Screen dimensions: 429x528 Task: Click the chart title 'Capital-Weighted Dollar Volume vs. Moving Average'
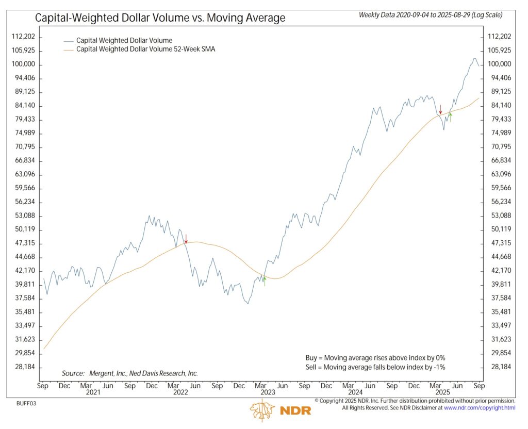click(x=160, y=19)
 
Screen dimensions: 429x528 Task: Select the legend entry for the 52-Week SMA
click(x=139, y=49)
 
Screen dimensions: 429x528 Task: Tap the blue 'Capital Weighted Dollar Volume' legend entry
click(x=124, y=40)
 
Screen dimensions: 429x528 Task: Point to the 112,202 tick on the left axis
click(x=23, y=37)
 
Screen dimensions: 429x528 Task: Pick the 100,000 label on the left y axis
click(x=23, y=64)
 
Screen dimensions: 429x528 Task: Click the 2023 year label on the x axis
click(x=268, y=392)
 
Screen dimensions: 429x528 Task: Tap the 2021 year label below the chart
click(x=93, y=392)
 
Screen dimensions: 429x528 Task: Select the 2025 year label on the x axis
click(x=442, y=392)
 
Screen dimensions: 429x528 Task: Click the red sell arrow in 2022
click(x=186, y=239)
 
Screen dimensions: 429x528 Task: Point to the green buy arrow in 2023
click(x=265, y=281)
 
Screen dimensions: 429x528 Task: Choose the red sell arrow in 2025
click(x=440, y=109)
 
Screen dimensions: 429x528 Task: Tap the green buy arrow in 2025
click(x=450, y=117)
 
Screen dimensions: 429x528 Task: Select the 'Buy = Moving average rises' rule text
click(x=375, y=357)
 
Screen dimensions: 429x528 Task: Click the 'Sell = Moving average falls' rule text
click(x=375, y=367)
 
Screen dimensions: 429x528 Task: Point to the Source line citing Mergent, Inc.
click(x=129, y=373)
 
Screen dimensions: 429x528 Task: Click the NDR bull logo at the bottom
click(x=262, y=410)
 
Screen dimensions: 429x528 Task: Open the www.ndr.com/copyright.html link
click(x=480, y=408)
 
